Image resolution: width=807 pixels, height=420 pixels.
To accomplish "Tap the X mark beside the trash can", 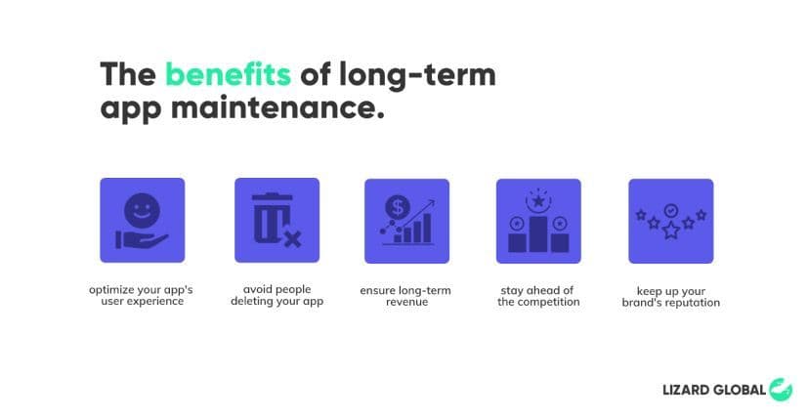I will (x=291, y=238).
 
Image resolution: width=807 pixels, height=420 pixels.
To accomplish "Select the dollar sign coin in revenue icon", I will (x=397, y=207).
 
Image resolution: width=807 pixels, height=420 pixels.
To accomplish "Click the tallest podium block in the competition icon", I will (x=538, y=231).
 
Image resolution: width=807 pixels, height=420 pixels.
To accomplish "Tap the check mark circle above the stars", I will (x=670, y=210).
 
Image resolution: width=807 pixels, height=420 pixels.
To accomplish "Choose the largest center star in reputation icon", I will (x=670, y=231).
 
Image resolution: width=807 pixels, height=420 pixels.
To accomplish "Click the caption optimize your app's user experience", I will (x=142, y=295).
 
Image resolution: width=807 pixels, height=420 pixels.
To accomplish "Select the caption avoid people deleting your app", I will (x=276, y=295).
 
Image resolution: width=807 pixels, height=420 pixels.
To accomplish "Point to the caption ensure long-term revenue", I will (x=406, y=295).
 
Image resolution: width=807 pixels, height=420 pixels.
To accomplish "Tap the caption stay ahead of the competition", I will (x=538, y=295).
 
